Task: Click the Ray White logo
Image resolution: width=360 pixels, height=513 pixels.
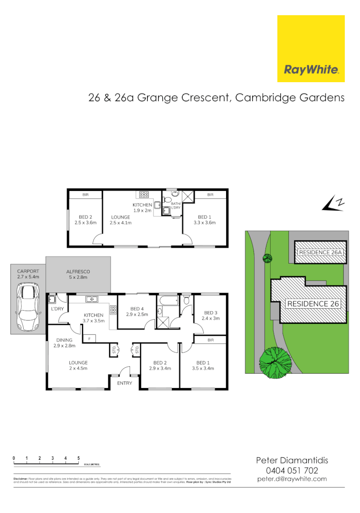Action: pos(311,49)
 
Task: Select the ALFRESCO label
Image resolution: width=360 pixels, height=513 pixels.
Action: pos(78,272)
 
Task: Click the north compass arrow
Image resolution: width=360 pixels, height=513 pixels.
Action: pos(332,204)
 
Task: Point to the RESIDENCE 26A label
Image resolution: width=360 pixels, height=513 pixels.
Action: pos(320,252)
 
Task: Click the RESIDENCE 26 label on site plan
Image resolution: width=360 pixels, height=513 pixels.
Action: pos(313,304)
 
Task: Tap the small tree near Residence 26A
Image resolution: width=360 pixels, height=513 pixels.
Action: pos(267,258)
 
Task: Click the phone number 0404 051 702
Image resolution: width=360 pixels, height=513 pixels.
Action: pos(292,470)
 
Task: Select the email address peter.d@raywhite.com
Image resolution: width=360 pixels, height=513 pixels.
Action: pos(292,479)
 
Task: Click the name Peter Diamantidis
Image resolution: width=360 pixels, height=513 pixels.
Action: pos(292,460)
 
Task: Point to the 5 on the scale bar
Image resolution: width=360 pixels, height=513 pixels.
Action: pos(78,458)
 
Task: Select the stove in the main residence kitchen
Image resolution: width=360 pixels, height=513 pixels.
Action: pos(113,310)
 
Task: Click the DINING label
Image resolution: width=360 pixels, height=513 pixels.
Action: pos(64,340)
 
